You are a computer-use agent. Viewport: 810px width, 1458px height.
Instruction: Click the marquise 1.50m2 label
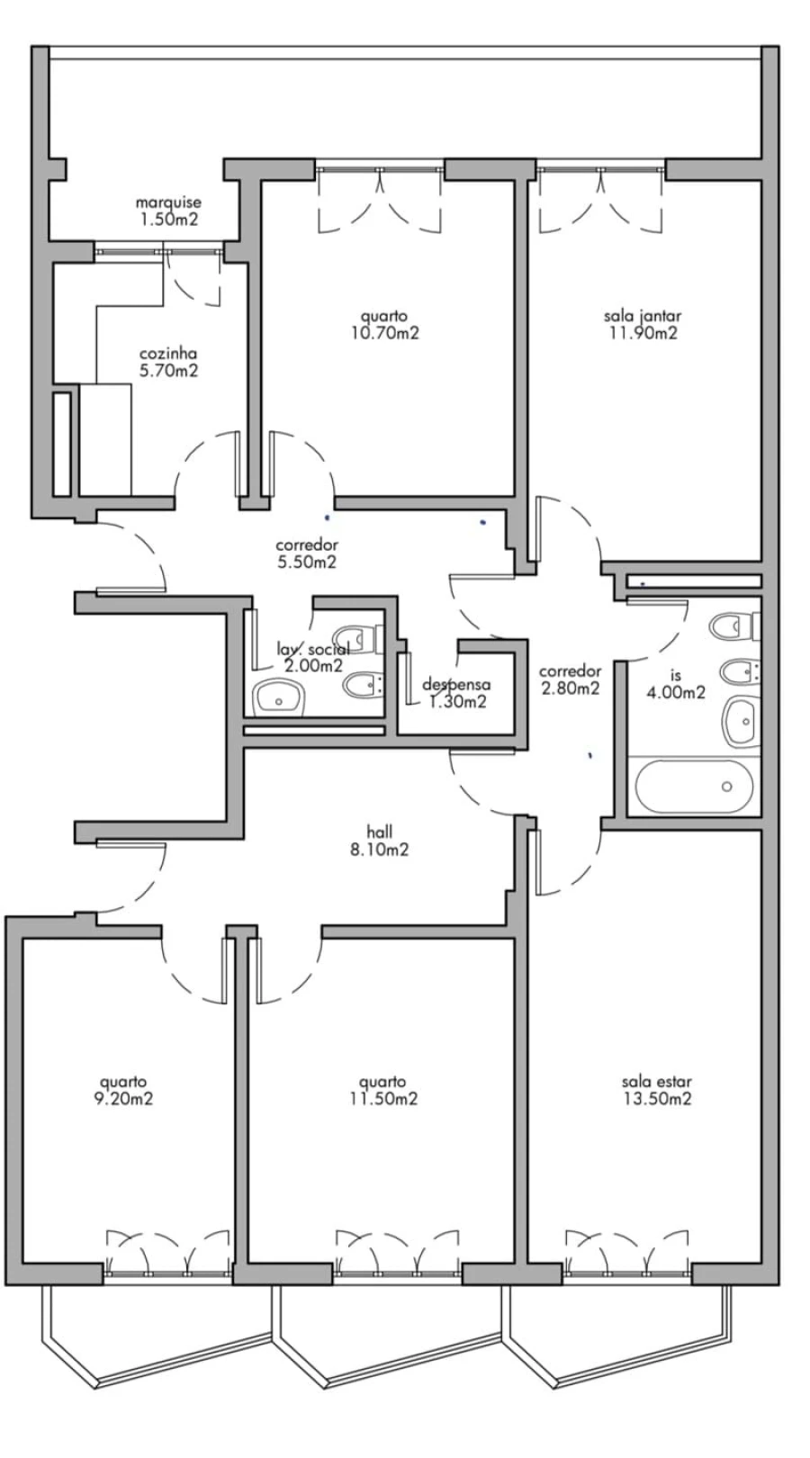(x=168, y=211)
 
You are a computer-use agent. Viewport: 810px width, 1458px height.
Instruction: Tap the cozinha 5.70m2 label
(x=168, y=362)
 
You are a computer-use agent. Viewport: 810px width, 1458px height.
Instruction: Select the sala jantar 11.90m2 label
(x=642, y=324)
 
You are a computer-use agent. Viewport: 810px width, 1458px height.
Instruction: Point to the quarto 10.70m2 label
(x=384, y=324)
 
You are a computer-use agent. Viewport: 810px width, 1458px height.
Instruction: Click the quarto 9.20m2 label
(x=123, y=1090)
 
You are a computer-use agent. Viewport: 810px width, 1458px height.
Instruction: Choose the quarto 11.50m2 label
(x=382, y=1090)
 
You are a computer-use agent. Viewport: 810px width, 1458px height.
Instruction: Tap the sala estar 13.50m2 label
(x=656, y=1090)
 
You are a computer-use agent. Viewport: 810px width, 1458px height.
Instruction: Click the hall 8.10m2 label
(x=381, y=841)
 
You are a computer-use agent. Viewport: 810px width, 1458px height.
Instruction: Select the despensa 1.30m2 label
(x=456, y=693)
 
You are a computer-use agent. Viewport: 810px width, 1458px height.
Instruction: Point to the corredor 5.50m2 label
(x=306, y=553)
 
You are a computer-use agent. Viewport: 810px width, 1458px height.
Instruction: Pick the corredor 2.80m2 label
(x=570, y=679)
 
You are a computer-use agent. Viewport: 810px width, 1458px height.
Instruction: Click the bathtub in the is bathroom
(x=693, y=787)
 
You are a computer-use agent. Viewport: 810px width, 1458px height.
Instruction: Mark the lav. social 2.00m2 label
(x=312, y=658)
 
